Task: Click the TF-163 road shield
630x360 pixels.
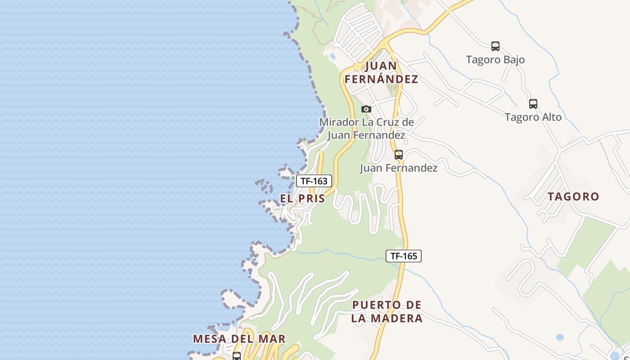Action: [x=314, y=181]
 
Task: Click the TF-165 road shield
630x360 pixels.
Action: [x=404, y=256]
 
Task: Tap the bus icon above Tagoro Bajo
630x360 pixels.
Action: [x=495, y=46]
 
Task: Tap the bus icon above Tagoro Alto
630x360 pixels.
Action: [x=533, y=103]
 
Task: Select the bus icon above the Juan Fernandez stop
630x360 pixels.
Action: [x=398, y=155]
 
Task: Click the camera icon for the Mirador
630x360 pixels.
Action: [x=366, y=109]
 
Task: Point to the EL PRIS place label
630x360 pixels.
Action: [x=302, y=198]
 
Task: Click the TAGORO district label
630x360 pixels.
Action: [x=573, y=196]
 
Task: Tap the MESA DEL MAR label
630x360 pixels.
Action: [x=239, y=339]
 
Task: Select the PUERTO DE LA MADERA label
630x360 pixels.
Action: [x=387, y=311]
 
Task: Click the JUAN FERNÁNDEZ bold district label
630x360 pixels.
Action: [x=381, y=72]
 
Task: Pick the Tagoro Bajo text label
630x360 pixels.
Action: [x=495, y=59]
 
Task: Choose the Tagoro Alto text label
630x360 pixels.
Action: [x=533, y=117]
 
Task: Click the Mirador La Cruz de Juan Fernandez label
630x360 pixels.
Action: [x=366, y=128]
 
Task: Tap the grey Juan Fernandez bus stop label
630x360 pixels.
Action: [x=398, y=168]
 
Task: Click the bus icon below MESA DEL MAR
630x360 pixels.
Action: [x=237, y=356]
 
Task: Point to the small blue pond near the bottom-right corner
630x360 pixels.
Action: [x=559, y=337]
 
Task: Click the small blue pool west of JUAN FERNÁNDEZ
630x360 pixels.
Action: [x=332, y=56]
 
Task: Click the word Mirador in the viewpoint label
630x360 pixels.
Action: [x=339, y=122]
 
